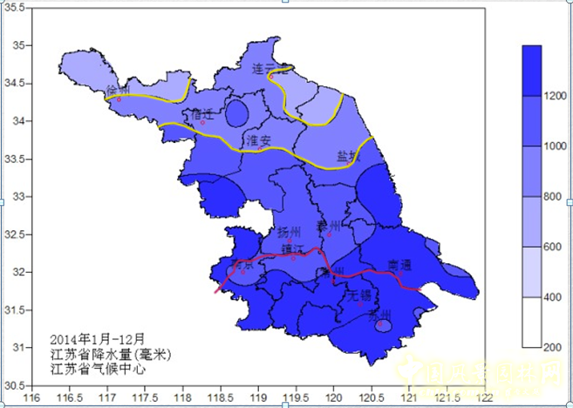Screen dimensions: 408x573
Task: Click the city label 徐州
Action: point(118,91)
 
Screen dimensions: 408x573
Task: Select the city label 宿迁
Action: point(202,113)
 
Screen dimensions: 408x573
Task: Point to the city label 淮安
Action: point(259,139)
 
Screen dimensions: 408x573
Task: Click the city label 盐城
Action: point(349,157)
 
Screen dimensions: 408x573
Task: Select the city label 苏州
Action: point(380,315)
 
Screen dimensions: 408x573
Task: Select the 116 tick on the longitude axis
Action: point(33,397)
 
